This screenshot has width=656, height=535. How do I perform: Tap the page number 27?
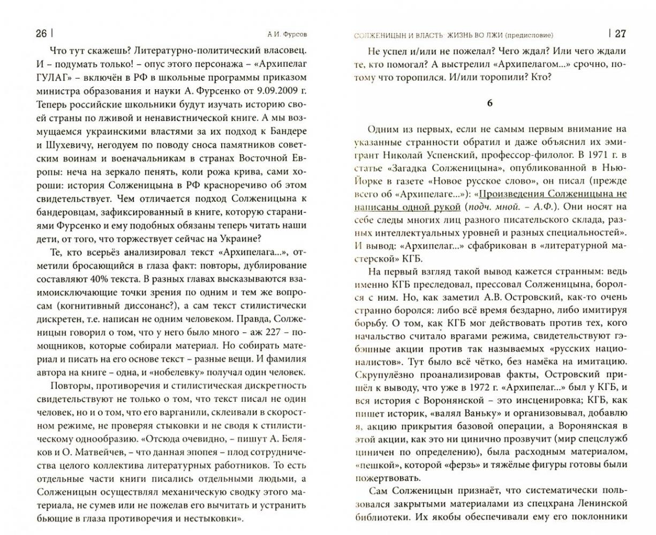point(619,34)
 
